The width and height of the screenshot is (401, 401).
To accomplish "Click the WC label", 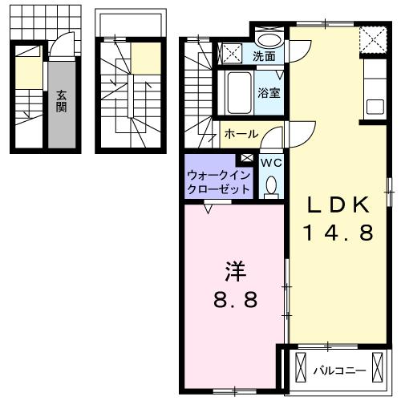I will tap(270, 162).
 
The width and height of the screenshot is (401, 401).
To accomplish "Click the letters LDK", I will tap(336, 205).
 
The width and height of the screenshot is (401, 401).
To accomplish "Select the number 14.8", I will tap(336, 233).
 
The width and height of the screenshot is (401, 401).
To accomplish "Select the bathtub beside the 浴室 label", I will tap(237, 95).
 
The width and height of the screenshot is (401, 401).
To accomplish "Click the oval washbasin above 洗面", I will tap(269, 40).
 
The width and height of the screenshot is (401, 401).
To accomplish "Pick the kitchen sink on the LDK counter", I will tap(375, 106).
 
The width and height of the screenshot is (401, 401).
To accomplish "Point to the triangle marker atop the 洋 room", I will tap(209, 209).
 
